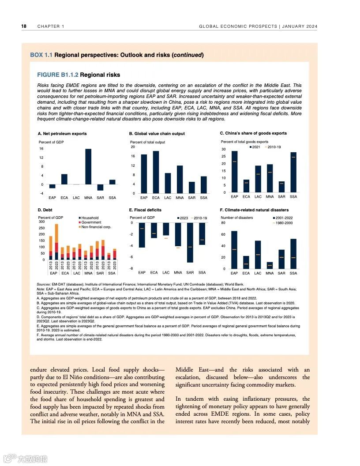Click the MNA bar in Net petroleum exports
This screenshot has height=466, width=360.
[x=88, y=167]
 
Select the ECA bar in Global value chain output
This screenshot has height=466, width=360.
[x=156, y=172]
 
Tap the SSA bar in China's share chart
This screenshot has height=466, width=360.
[x=293, y=172]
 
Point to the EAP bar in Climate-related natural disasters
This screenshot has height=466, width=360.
[x=234, y=250]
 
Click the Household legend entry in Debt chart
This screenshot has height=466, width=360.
[x=90, y=218]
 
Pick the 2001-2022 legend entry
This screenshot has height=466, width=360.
[x=283, y=218]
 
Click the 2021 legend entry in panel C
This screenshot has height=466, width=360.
[x=256, y=147]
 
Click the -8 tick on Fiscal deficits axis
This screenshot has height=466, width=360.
[x=131, y=268]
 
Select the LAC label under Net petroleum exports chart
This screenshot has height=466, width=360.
[x=76, y=198]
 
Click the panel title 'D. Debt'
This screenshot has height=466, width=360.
[x=45, y=210]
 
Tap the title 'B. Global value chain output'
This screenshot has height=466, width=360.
[x=157, y=134]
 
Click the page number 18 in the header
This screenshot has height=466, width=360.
[x=24, y=26]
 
